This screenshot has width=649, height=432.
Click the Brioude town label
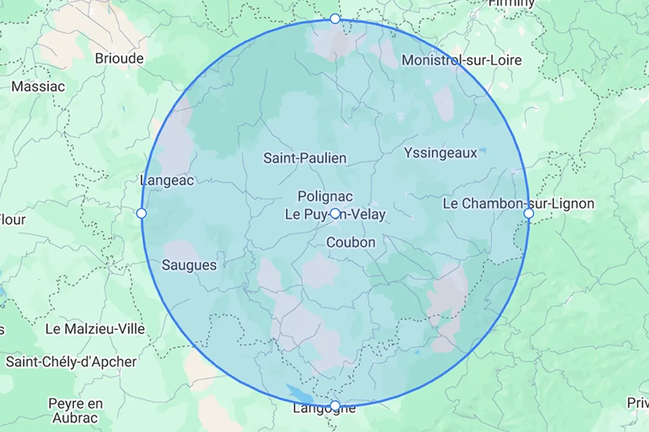(x=119, y=59)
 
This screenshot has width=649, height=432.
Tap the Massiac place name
(x=39, y=87)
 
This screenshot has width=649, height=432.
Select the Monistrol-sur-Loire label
(x=462, y=60)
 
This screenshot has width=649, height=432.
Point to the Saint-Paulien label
(x=305, y=158)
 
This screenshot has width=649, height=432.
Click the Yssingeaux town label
(x=440, y=153)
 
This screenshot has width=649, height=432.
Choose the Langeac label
(x=167, y=181)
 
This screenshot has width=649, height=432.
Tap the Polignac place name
(x=325, y=196)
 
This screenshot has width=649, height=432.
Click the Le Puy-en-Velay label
(x=335, y=215)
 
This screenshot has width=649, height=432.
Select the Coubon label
(x=351, y=242)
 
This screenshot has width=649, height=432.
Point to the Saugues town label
(x=189, y=265)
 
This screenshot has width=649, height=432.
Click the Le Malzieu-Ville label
(x=96, y=329)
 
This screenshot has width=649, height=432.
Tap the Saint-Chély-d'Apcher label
(x=71, y=361)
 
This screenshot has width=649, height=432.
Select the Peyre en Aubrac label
(x=75, y=411)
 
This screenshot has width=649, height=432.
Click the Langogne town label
(x=324, y=408)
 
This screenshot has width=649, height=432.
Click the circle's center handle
(x=335, y=213)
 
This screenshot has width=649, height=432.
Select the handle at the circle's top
(x=335, y=19)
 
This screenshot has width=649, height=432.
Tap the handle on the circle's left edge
(x=141, y=213)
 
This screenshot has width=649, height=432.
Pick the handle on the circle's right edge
(x=529, y=213)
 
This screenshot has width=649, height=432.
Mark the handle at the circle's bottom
(x=335, y=405)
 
